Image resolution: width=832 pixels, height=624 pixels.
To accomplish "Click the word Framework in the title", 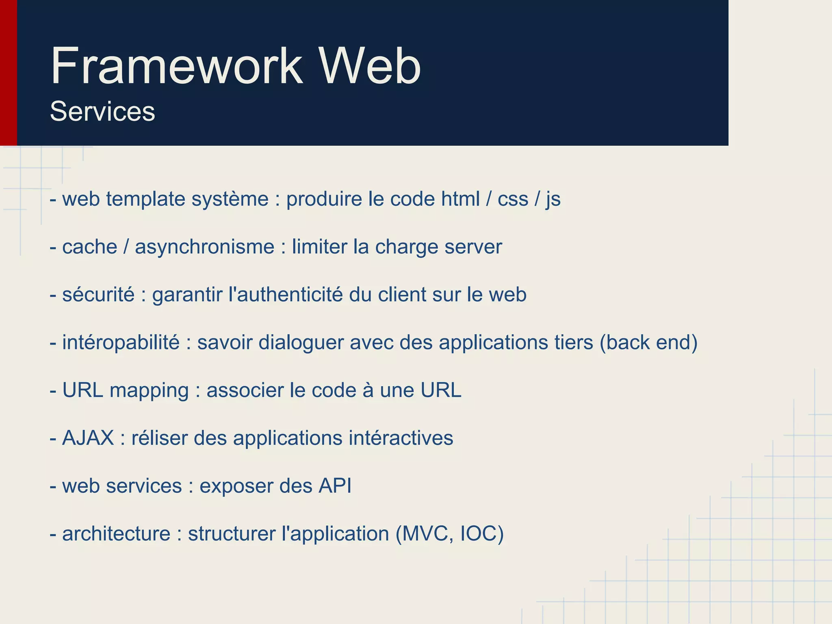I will point(177,66).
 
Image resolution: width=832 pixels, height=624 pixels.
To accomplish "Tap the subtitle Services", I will point(102,111).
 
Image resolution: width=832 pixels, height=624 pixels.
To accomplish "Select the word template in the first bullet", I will point(146,199).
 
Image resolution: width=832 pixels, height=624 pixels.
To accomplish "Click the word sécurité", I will point(98,295).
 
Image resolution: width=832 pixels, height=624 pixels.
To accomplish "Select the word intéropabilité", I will point(121,342).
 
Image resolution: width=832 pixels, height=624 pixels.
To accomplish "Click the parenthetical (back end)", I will point(648,342).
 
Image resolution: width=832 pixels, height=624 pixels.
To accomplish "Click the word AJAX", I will point(88,438).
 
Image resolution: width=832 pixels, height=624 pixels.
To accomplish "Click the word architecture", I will point(116,534).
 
